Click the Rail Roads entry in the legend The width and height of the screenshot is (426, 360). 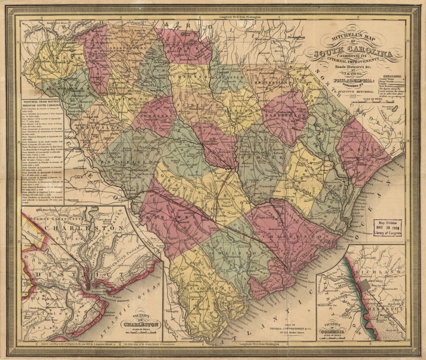click(x=386, y=86)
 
